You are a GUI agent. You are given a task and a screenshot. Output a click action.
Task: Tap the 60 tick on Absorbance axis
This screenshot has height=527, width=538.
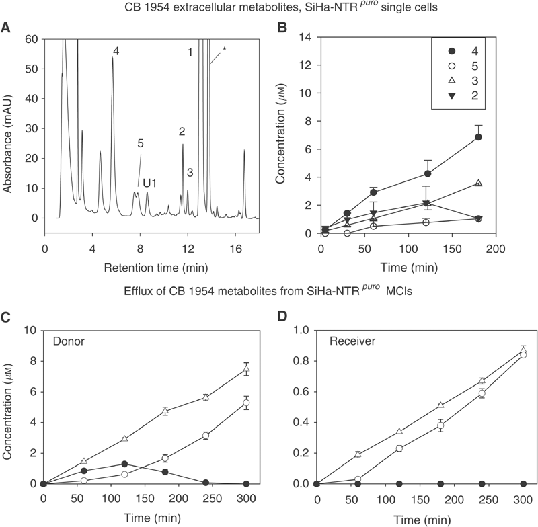point(30,40)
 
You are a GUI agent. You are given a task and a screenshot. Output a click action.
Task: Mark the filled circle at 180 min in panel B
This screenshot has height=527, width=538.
point(478,137)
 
